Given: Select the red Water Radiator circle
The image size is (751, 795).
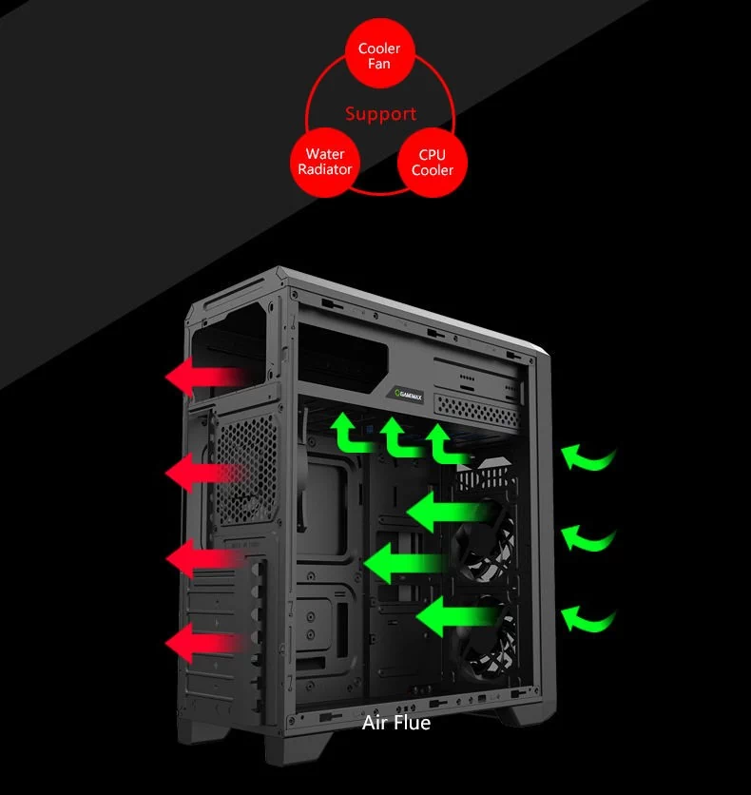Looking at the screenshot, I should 324,163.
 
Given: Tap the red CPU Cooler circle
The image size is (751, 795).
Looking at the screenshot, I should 432,163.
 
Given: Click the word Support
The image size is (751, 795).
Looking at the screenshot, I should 380,114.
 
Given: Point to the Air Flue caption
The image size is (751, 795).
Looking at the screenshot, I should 396,724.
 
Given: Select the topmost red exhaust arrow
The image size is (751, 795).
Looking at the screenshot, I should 202,378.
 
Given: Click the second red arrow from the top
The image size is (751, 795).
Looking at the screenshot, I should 202,472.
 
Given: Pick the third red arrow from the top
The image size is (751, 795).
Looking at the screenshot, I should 202,559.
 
